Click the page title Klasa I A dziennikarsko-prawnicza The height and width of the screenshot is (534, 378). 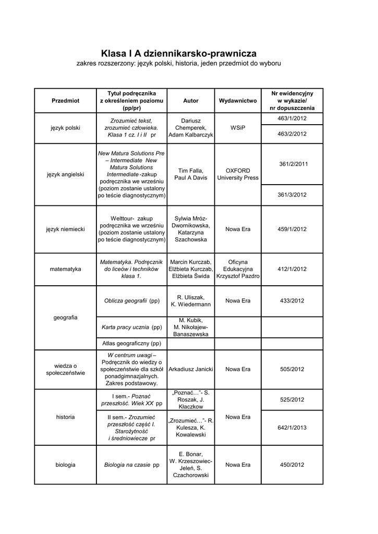[179, 53]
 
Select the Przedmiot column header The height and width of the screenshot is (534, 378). [66, 101]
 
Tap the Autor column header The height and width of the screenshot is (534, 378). [191, 101]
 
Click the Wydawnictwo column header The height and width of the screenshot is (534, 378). [238, 101]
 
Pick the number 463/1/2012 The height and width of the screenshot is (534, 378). [292, 119]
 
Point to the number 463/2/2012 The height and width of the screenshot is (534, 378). [292, 134]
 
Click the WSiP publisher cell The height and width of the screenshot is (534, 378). [238, 127]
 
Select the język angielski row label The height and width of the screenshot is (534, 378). [66, 174]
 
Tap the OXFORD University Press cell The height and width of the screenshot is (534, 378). [238, 174]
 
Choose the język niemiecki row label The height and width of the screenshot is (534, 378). [66, 229]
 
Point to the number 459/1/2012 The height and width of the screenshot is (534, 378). [292, 229]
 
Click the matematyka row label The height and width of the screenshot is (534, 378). [66, 269]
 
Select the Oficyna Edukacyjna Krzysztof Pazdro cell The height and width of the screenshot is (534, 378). [238, 269]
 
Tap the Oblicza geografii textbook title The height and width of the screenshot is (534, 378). [132, 301]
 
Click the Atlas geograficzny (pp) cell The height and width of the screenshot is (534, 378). [132, 344]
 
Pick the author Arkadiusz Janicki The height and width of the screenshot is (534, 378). [191, 369]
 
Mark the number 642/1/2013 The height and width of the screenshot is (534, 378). [292, 428]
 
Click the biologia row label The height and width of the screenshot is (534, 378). [66, 465]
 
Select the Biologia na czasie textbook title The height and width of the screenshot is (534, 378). [132, 465]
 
